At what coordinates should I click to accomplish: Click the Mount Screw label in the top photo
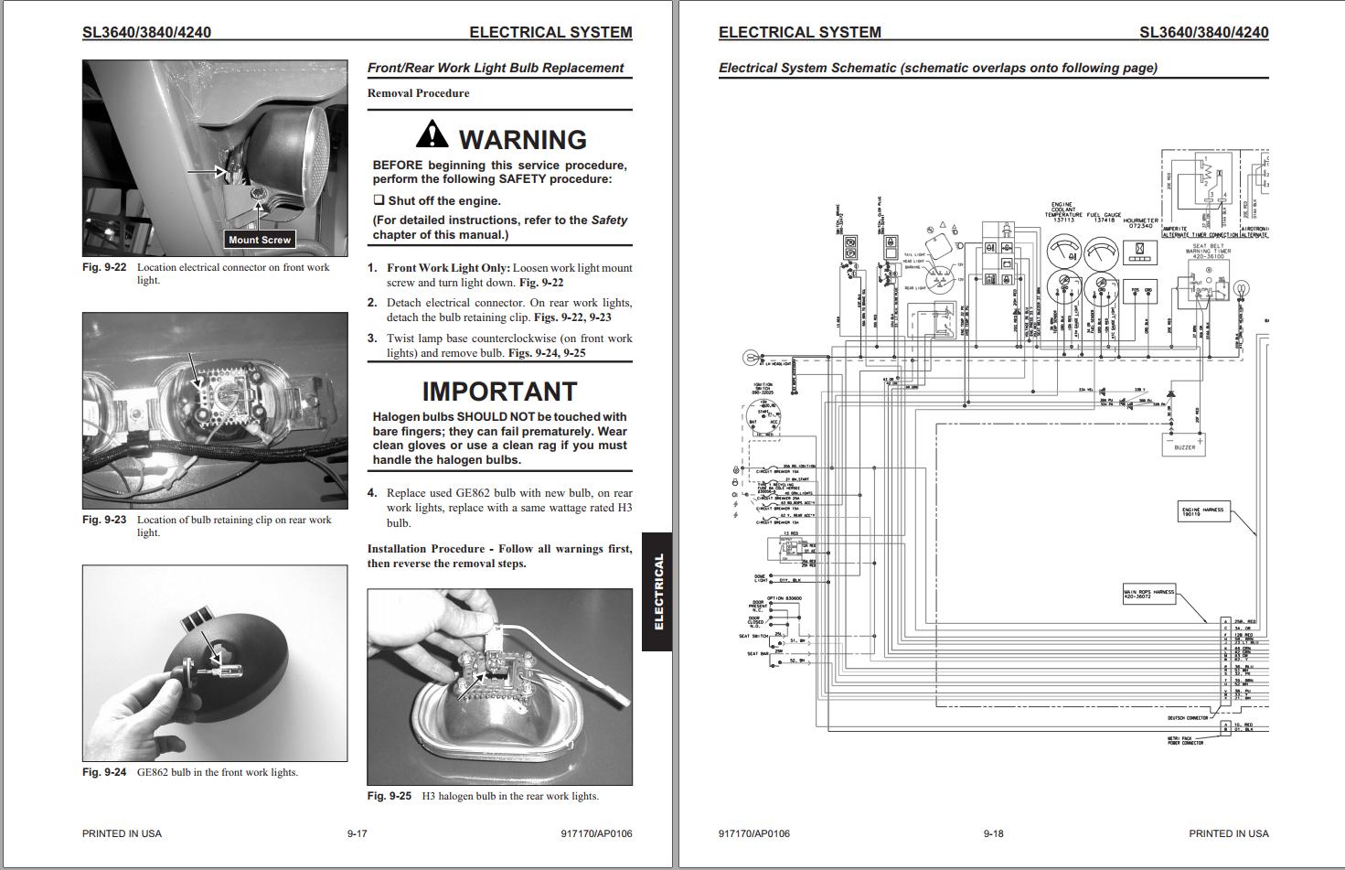coord(260,240)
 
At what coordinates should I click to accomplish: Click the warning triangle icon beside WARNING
coord(432,135)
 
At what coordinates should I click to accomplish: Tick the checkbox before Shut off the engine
coord(379,200)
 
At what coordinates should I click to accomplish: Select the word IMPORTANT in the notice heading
coord(499,392)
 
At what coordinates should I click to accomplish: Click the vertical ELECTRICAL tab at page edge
coord(657,592)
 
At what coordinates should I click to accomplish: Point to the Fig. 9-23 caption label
coord(104,520)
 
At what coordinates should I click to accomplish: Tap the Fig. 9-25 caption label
coord(390,796)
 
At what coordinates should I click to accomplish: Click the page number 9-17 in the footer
coord(357,833)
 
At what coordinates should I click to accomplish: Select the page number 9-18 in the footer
coord(993,833)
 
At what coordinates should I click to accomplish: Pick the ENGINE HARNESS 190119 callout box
coord(1202,511)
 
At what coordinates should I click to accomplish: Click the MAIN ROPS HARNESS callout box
coord(1149,593)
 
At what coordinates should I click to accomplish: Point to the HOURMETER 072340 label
coord(1140,222)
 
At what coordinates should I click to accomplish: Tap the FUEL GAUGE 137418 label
coord(1104,218)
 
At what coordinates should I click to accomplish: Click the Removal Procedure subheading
coord(418,93)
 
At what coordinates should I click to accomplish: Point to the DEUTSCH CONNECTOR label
coord(1188,718)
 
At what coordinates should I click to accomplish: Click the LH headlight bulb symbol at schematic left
coord(751,357)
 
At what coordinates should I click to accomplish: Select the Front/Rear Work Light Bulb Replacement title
coord(495,68)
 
